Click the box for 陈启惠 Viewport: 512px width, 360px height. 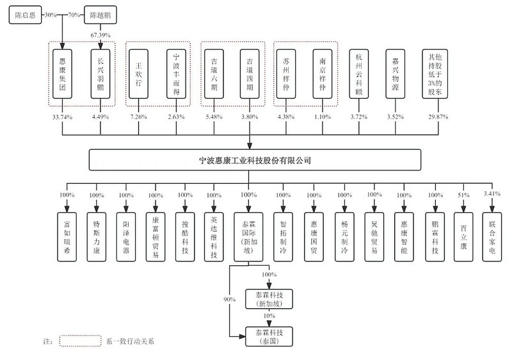click(x=25, y=15)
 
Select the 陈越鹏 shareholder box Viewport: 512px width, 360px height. click(x=100, y=15)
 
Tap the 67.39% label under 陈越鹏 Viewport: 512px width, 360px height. click(x=100, y=35)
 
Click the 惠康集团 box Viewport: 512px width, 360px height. click(x=62, y=74)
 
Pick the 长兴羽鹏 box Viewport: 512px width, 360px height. click(x=100, y=74)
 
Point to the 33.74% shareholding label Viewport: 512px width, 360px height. click(x=62, y=117)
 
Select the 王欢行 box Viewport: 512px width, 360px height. click(x=138, y=74)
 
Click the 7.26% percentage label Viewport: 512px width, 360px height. click(x=138, y=117)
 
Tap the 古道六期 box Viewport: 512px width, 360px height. click(x=214, y=74)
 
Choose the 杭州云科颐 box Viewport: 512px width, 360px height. click(x=359, y=74)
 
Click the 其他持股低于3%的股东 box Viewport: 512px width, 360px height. click(x=435, y=74)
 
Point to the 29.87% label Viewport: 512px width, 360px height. click(x=438, y=117)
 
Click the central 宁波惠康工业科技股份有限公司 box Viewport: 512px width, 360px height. click(x=255, y=160)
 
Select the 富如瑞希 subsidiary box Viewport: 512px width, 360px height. click(x=67, y=237)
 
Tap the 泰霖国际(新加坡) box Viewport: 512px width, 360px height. click(x=248, y=237)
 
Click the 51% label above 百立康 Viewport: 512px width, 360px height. click(x=463, y=195)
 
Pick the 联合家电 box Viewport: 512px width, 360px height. click(x=492, y=237)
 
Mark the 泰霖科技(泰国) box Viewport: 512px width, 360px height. click(x=269, y=336)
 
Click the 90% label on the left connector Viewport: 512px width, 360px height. click(x=230, y=299)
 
